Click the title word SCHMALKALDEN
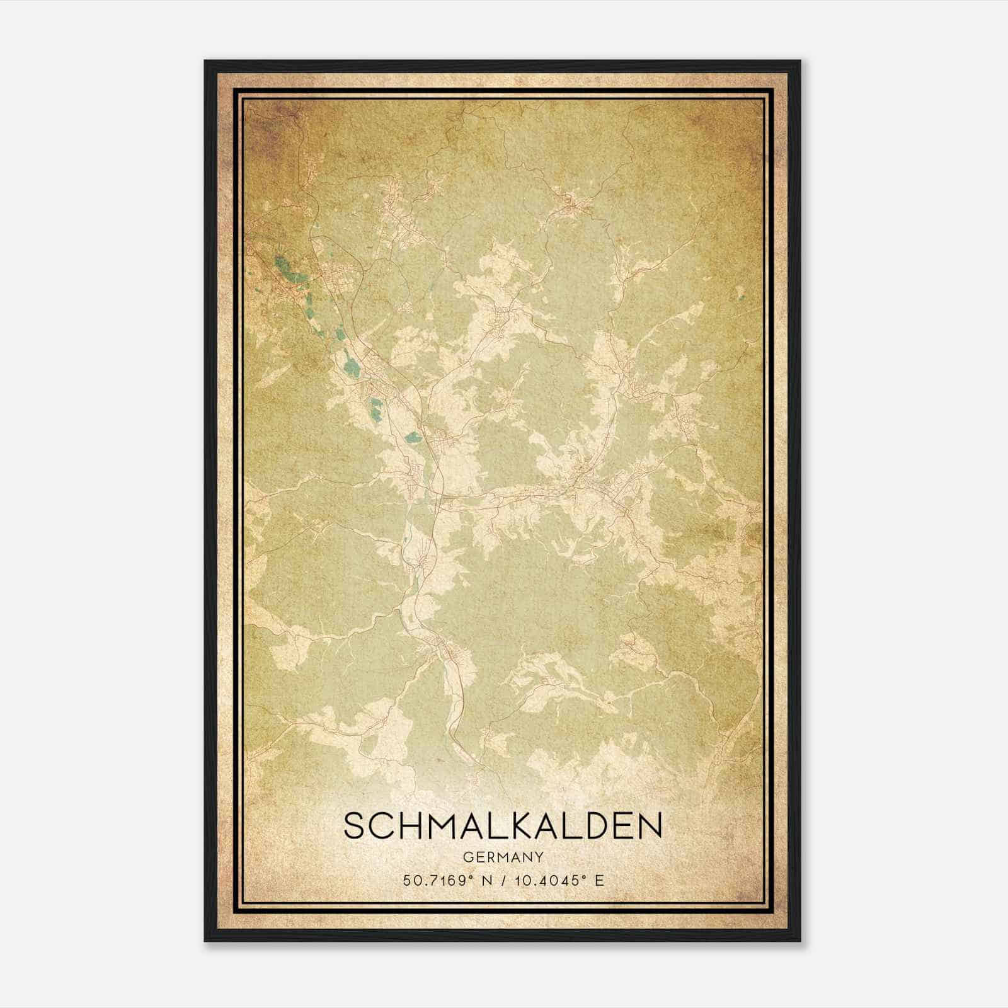503,825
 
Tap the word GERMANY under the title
503,857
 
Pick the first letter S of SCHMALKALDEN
354,825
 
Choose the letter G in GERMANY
467,857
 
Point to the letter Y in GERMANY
540,857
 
